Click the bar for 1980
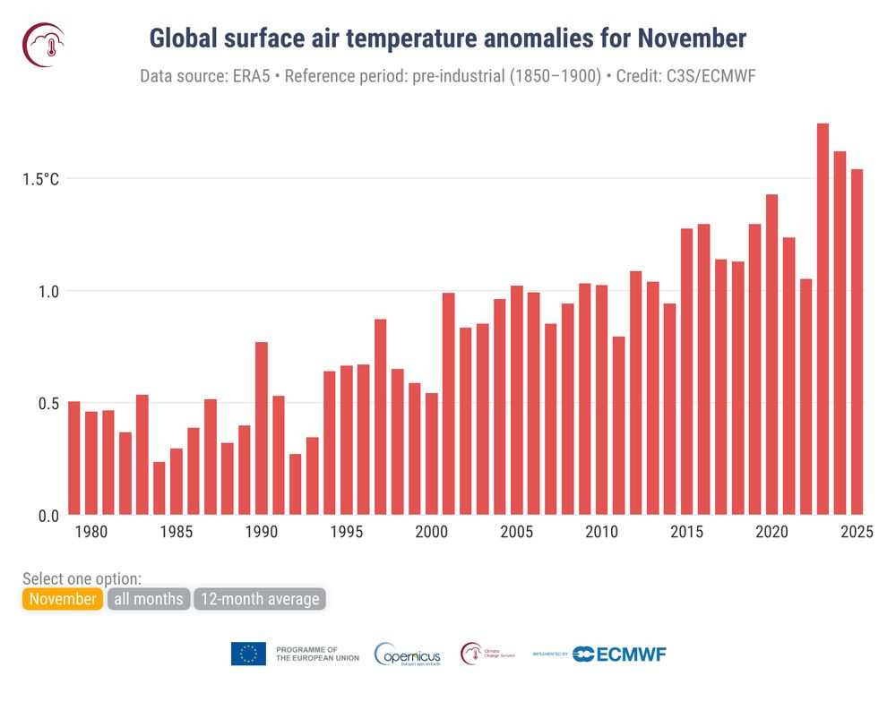(x=91, y=463)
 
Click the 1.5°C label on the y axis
(x=41, y=179)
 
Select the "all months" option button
(x=149, y=599)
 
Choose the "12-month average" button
(x=260, y=599)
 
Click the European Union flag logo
(x=248, y=654)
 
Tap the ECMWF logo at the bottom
(x=619, y=654)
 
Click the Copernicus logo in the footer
(x=407, y=654)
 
